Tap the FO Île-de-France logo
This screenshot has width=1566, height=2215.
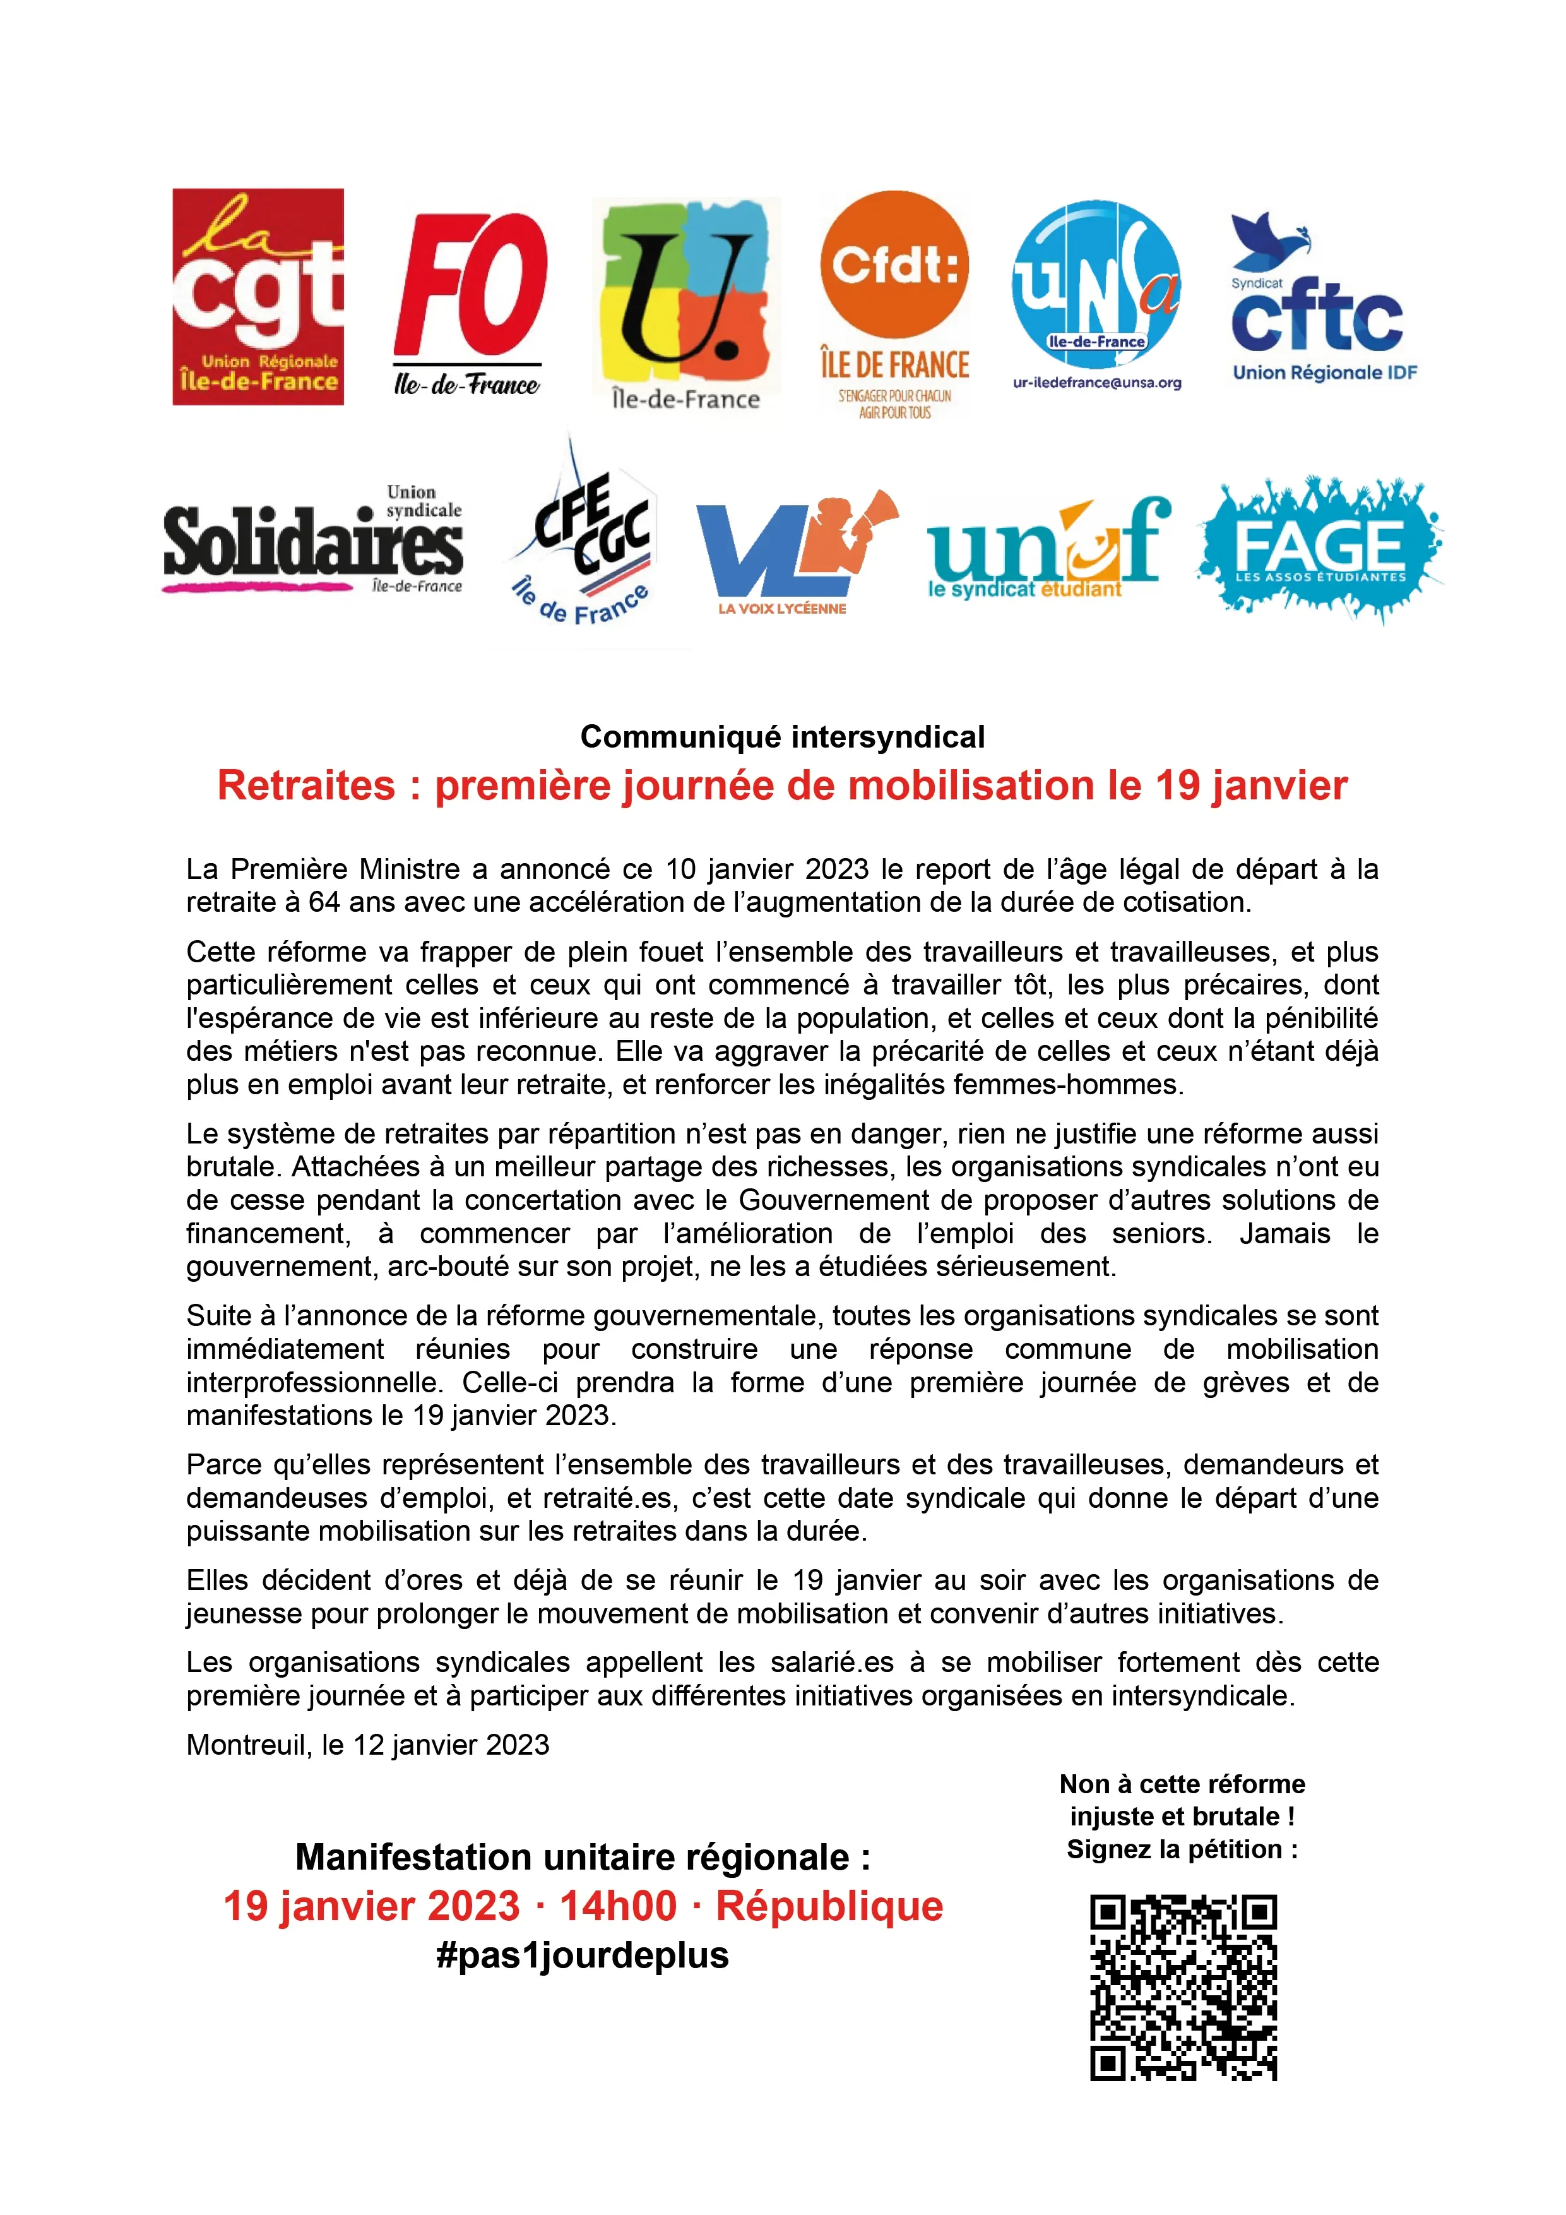pyautogui.click(x=470, y=302)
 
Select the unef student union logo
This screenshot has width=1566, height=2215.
pyautogui.click(x=1048, y=550)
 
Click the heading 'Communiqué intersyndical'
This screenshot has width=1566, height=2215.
pyautogui.click(x=782, y=737)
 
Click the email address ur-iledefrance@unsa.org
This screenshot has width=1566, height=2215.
pyautogui.click(x=1096, y=383)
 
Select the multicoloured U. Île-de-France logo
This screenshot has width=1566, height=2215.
pyautogui.click(x=685, y=304)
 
